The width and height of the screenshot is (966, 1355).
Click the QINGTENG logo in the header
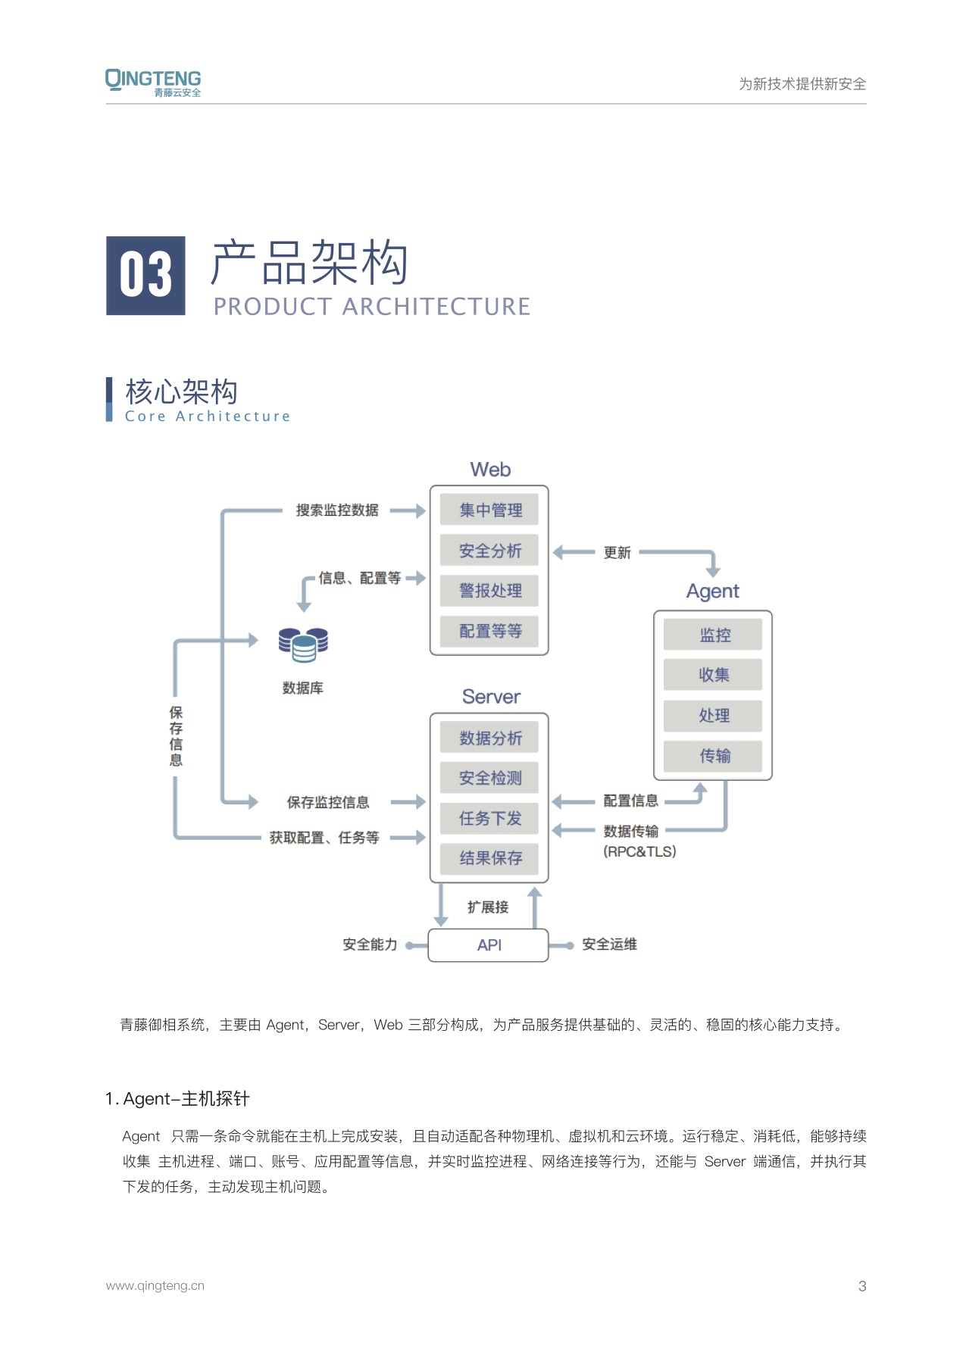pyautogui.click(x=153, y=83)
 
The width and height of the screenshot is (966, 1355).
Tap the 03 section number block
pyautogui.click(x=145, y=276)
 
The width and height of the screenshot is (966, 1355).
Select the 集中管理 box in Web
pyautogui.click(x=489, y=510)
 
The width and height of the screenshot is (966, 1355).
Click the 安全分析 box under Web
pyautogui.click(x=489, y=551)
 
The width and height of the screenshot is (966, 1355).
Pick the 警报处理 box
pyautogui.click(x=489, y=591)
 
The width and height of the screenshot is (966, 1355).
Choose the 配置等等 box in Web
pyautogui.click(x=489, y=631)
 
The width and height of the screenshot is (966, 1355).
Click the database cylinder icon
pyautogui.click(x=303, y=645)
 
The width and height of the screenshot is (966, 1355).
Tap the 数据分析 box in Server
pyautogui.click(x=489, y=738)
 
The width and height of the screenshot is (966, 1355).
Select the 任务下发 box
pyautogui.click(x=489, y=818)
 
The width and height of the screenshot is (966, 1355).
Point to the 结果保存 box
pyautogui.click(x=489, y=858)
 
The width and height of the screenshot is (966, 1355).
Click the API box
pyautogui.click(x=488, y=944)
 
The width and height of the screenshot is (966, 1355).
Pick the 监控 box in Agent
pyautogui.click(x=713, y=635)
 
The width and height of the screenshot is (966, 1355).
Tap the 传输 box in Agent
pyautogui.click(x=713, y=756)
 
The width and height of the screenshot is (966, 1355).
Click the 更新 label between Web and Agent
pyautogui.click(x=617, y=553)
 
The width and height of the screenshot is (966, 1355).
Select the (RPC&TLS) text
pyautogui.click(x=639, y=851)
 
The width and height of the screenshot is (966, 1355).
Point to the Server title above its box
pyautogui.click(x=491, y=697)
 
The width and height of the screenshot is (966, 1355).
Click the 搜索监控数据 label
pyautogui.click(x=337, y=510)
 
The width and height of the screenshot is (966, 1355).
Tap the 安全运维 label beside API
pyautogui.click(x=609, y=944)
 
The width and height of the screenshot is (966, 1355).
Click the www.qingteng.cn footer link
pyautogui.click(x=155, y=1285)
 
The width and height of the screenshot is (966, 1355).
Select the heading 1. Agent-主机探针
pyautogui.click(x=177, y=1099)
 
